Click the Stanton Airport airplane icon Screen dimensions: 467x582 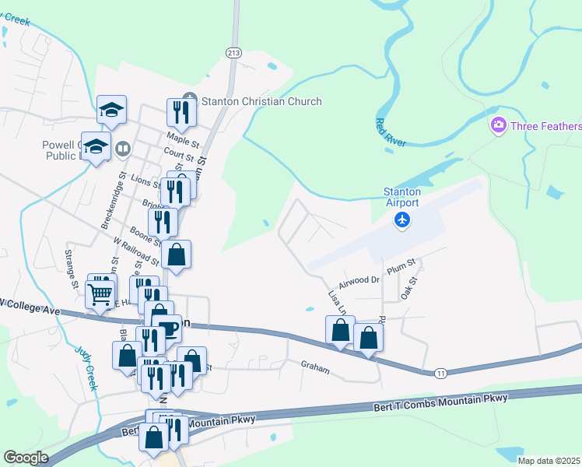point(402,221)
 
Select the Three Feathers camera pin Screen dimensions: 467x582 point(498,125)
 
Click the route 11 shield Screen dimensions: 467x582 point(440,374)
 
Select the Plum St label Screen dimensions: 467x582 point(401,267)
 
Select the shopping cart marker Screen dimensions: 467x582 point(100,295)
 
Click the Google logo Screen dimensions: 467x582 point(26,458)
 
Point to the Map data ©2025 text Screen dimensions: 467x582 point(549,461)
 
